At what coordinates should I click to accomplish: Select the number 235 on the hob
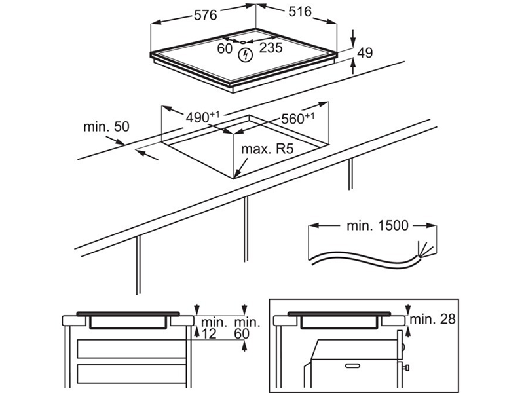(x=271, y=48)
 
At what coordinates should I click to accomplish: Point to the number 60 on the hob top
(x=225, y=48)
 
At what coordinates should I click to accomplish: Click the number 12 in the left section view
(x=209, y=335)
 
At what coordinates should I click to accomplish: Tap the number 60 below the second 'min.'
(x=242, y=335)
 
